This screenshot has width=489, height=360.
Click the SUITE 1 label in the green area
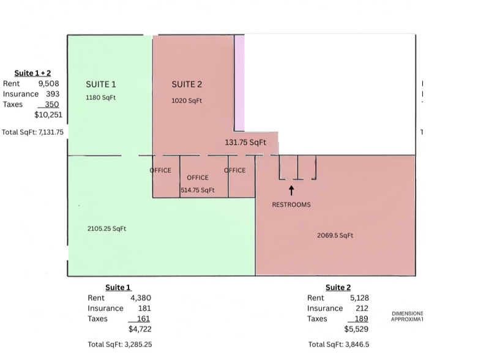[x=101, y=84]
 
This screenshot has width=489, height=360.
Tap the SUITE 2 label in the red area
[x=187, y=84]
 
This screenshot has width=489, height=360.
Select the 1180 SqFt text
[x=101, y=97]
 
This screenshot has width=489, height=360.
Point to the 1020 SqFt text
[x=187, y=100]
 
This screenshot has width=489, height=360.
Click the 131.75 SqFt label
[x=246, y=142]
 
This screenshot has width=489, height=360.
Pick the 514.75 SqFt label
[x=198, y=190]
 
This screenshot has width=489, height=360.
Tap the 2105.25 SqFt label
[x=107, y=228]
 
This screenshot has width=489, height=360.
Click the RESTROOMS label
[x=291, y=204]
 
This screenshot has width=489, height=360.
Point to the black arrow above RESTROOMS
[x=292, y=191]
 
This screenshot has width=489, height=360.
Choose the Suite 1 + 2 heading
[x=33, y=73]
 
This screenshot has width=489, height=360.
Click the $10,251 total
[x=48, y=114]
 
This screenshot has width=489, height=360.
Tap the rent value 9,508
[x=49, y=84]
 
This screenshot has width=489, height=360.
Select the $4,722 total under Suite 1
[x=140, y=329]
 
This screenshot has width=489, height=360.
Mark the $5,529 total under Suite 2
[x=358, y=329]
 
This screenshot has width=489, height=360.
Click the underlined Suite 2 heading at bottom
[x=338, y=288]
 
